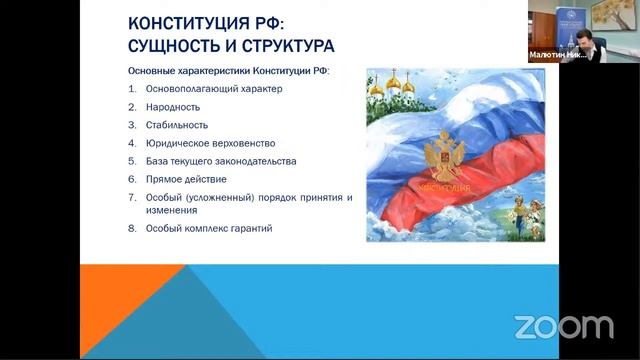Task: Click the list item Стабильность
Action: click(175, 125)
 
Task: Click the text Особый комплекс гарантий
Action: click(207, 228)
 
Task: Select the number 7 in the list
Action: click(132, 197)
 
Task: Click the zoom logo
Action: click(563, 326)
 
